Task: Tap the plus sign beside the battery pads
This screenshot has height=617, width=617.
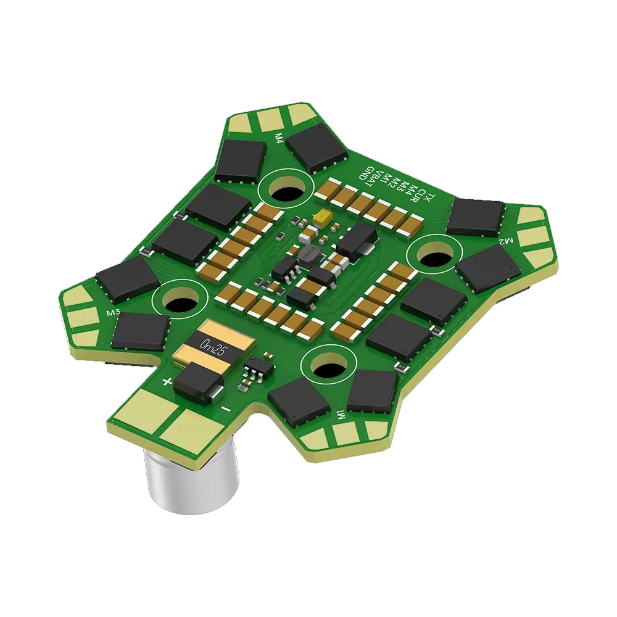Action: pyautogui.click(x=167, y=382)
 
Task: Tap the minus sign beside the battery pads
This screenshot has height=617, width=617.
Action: pyautogui.click(x=226, y=408)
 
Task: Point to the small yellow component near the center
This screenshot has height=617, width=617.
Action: pyautogui.click(x=321, y=218)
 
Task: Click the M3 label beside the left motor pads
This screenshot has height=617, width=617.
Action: pyautogui.click(x=113, y=313)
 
